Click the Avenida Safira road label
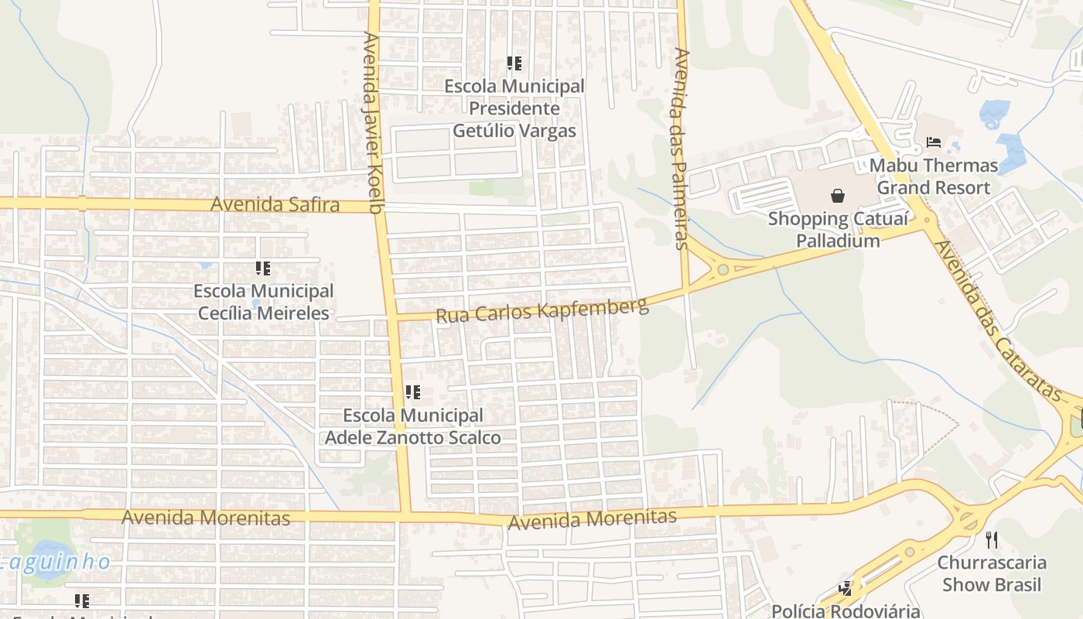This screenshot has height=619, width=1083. tap(275, 205)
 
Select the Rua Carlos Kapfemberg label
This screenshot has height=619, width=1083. tap(541, 310)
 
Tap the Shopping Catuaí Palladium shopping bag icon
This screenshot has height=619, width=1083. tap(837, 196)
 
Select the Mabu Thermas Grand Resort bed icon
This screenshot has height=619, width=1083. tap(933, 142)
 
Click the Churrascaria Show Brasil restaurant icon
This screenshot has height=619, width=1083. tap(992, 539)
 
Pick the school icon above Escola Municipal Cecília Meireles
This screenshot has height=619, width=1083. tap(263, 268)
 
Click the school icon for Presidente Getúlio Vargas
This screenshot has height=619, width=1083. tap(514, 63)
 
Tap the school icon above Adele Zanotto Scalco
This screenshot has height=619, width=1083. tap(413, 392)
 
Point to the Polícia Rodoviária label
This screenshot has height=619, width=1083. tap(846, 610)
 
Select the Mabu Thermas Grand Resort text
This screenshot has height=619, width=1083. tap(933, 176)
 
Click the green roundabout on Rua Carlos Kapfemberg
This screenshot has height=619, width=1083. tap(723, 270)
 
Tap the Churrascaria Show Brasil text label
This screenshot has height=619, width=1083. tap(992, 573)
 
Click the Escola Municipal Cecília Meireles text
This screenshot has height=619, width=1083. tap(264, 302)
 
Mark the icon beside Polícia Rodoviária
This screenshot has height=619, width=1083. tap(845, 589)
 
